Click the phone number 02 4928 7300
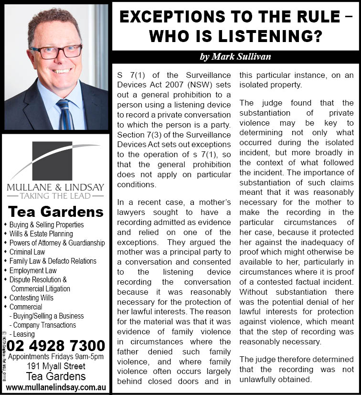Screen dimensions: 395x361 pyautogui.click(x=56, y=345)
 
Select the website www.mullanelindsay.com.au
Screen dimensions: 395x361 pyautogui.click(x=56, y=387)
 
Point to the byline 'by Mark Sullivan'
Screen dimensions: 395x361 pyautogui.click(x=235, y=56)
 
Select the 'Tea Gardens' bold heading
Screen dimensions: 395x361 pyautogui.click(x=56, y=212)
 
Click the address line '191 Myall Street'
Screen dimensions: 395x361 pyautogui.click(x=56, y=366)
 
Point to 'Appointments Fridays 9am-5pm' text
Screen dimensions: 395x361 pyautogui.click(x=56, y=357)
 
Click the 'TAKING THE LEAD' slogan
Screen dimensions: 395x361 pyautogui.click(x=56, y=196)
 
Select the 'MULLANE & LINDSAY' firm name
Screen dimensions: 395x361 pyautogui.click(x=55, y=187)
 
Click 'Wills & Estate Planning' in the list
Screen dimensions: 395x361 pyautogui.click(x=41, y=234)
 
